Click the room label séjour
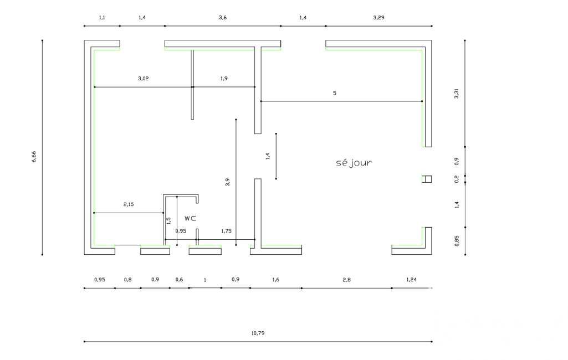tap(354, 163)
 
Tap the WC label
tap(190, 218)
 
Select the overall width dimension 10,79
tap(258, 333)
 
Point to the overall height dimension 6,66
tap(34, 156)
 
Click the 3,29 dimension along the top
tap(378, 17)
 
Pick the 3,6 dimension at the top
tap(223, 17)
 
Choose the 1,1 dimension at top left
tap(102, 17)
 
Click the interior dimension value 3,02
tap(144, 78)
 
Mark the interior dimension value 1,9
tap(224, 78)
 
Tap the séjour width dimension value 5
tap(335, 93)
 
